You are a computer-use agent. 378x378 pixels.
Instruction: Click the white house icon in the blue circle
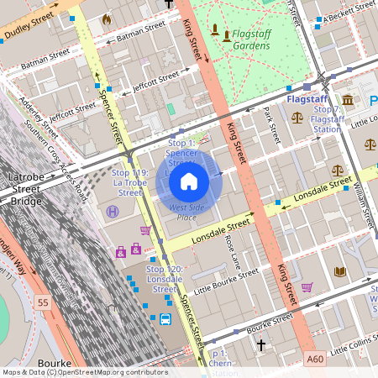189,181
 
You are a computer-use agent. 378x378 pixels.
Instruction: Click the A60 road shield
315,359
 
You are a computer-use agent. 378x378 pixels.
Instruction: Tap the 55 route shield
43,300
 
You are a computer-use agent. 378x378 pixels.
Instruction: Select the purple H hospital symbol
113,210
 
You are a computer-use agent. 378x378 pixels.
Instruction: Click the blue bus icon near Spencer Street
165,319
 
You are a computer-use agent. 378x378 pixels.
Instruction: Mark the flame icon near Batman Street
106,18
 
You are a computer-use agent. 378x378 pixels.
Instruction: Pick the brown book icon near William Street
340,271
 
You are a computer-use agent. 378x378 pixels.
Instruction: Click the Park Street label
270,123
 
